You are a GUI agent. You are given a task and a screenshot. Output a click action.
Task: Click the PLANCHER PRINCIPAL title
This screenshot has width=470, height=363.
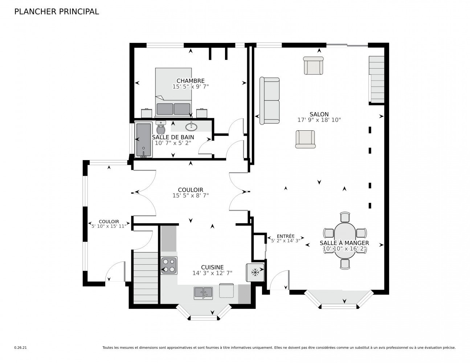click(x=56, y=12)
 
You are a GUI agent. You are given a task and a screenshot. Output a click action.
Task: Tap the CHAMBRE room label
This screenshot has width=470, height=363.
click(x=191, y=81)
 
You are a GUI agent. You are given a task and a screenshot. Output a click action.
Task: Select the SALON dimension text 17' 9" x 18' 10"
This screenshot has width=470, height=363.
click(x=319, y=120)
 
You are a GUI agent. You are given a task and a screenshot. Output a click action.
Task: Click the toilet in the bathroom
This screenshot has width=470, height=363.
click(x=161, y=128)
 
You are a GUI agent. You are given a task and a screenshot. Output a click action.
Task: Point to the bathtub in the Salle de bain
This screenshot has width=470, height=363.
click(x=143, y=140)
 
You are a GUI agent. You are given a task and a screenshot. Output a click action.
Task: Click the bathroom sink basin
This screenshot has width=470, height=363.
click(x=191, y=127)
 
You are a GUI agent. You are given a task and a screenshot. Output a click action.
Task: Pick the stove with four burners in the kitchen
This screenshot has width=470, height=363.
click(x=169, y=265)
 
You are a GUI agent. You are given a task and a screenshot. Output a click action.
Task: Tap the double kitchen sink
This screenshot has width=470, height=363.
click(x=203, y=292)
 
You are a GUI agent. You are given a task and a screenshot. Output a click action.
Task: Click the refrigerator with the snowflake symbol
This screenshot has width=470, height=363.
click(x=255, y=272)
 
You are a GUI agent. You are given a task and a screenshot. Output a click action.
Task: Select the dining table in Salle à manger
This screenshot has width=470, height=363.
click(x=344, y=240)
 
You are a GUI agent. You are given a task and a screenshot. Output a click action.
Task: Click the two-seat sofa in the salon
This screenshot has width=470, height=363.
click(x=269, y=101)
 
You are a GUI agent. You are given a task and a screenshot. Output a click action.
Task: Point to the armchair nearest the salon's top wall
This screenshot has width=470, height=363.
click(x=313, y=66)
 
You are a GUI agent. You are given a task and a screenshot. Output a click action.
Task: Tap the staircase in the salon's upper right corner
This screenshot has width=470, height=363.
click(x=376, y=79)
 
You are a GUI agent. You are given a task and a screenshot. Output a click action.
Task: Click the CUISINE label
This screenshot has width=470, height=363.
click(x=212, y=267)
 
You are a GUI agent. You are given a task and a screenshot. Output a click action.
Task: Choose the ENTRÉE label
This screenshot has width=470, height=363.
click(x=285, y=236)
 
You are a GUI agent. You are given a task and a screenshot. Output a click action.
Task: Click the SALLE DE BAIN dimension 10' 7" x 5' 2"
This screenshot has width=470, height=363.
click(x=173, y=143)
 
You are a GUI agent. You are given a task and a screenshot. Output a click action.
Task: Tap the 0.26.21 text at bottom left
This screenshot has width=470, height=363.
click(x=20, y=347)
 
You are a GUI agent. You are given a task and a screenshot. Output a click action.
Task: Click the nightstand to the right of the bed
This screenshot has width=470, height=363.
click(x=202, y=113)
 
